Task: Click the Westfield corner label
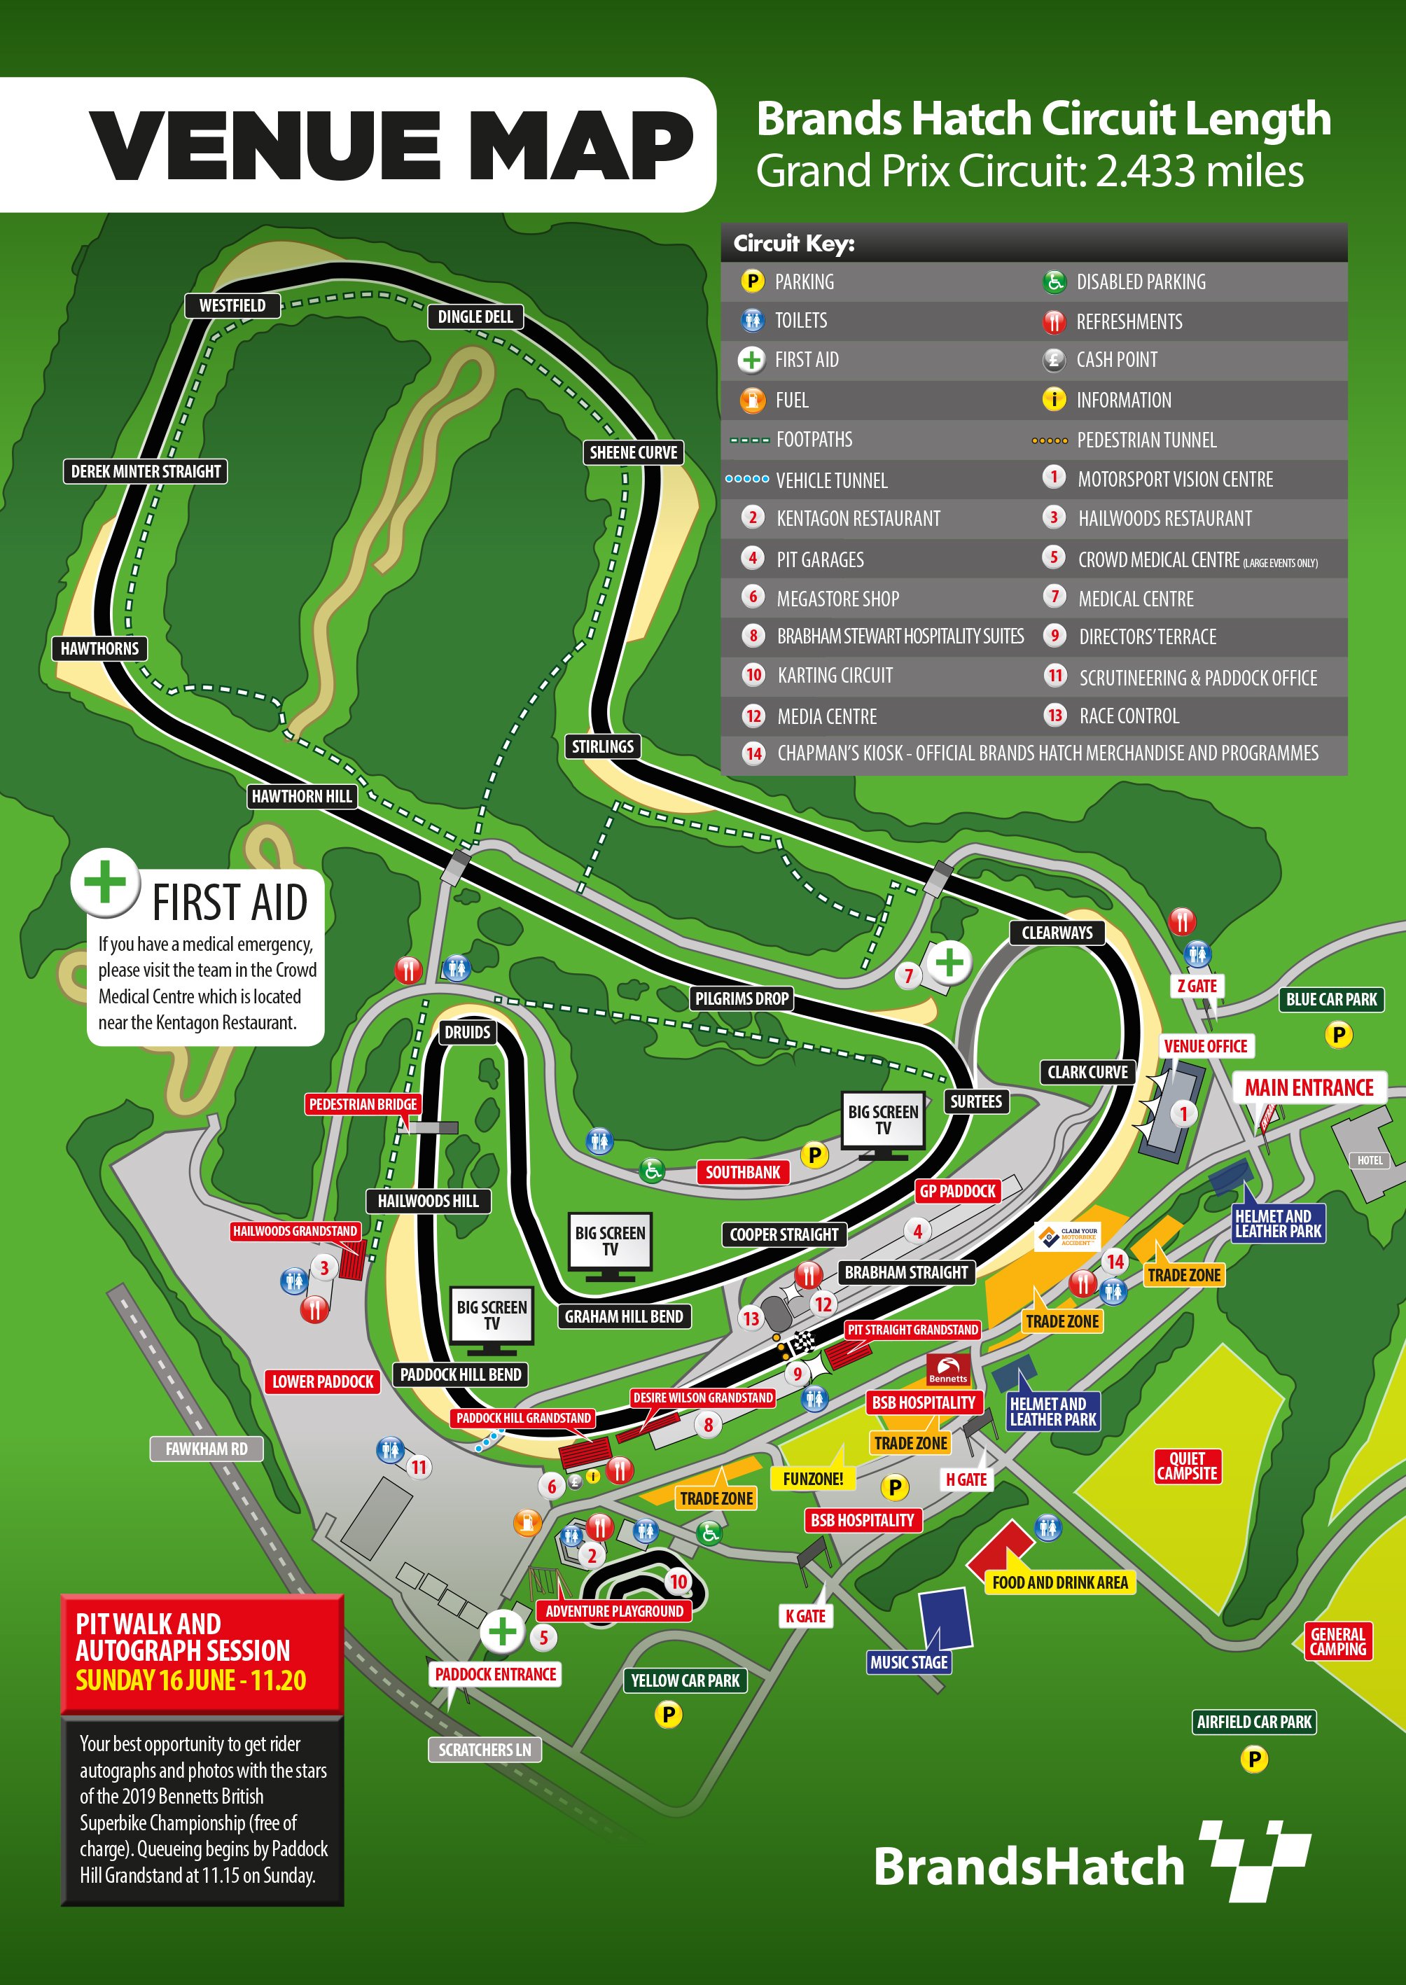point(232,305)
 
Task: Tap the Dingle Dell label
point(475,317)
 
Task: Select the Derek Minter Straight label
point(146,472)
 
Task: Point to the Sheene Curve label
point(633,453)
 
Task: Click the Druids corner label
point(468,1032)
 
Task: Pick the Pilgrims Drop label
point(741,998)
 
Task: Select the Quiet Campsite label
point(1187,1465)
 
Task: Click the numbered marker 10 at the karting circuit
point(678,1582)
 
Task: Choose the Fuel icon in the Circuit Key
point(752,400)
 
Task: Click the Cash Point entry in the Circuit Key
point(1116,360)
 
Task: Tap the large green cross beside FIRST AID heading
point(105,882)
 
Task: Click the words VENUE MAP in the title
point(391,146)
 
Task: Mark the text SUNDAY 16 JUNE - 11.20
point(190,1680)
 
